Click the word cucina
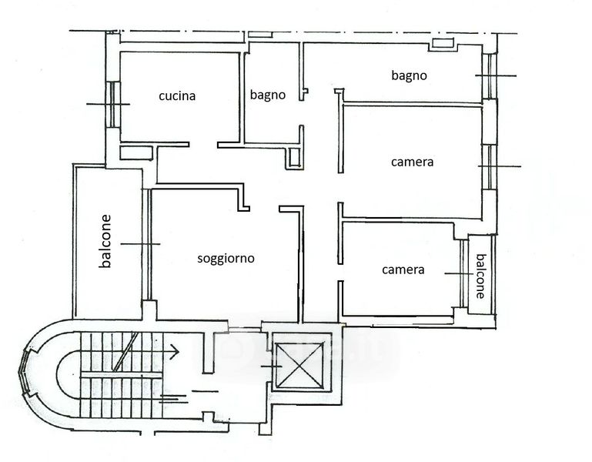[177, 96]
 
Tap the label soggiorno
[226, 259]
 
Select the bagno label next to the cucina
[268, 95]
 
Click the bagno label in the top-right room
[410, 75]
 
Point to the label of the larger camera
[413, 162]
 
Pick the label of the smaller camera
[403, 269]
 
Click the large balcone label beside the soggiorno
[105, 241]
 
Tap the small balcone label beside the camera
[480, 276]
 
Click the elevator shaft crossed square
[300, 365]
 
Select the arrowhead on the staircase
[175, 352]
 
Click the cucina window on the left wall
[113, 104]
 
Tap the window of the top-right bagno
[490, 76]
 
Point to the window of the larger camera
[490, 166]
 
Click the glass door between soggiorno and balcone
[146, 244]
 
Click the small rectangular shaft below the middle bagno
[294, 157]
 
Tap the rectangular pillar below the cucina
[136, 152]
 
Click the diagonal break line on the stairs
[125, 352]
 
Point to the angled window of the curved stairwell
[23, 373]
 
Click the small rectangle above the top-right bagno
[443, 42]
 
